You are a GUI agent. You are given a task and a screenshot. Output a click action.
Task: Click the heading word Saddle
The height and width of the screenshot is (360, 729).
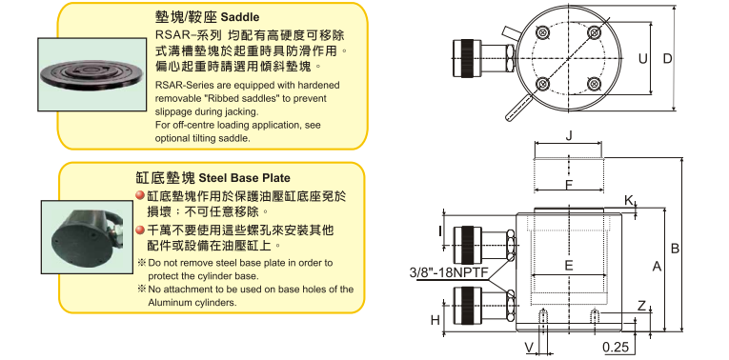coord(240,17)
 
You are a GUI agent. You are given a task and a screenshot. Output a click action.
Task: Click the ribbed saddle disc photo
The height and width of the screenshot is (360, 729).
coord(91,74)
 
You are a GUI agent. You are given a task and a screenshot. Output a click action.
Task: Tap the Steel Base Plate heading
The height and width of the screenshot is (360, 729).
coord(245,178)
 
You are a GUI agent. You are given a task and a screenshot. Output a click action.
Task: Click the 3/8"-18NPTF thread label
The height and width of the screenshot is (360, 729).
coord(449,272)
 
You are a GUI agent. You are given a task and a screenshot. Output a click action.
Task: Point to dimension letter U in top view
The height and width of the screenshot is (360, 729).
coord(642,58)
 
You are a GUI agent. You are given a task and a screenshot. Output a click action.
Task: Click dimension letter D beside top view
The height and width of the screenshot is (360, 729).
coord(667,58)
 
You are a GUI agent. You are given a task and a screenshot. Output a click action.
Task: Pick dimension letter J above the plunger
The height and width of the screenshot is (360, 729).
coord(568,136)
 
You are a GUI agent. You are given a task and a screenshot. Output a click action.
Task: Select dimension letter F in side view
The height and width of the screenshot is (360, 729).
coord(569,185)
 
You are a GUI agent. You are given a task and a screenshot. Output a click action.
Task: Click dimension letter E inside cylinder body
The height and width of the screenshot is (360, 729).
coord(569,266)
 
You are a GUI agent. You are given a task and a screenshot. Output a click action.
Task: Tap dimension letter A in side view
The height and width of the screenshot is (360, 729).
coord(657,266)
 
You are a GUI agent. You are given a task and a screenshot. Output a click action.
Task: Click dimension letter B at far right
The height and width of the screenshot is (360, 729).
coord(675,249)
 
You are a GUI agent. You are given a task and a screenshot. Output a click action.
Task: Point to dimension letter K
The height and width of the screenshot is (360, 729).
coord(629,200)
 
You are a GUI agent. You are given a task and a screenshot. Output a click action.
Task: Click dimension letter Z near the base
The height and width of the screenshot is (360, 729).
coord(641,306)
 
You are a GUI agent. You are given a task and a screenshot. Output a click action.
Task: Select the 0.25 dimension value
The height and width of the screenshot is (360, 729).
coord(616,347)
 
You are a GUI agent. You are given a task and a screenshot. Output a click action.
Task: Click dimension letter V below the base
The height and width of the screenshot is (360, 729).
coord(529,347)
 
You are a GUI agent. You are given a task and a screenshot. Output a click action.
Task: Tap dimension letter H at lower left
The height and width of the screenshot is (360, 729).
coord(435,320)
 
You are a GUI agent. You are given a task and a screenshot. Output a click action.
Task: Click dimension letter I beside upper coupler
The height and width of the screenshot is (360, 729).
coord(440,230)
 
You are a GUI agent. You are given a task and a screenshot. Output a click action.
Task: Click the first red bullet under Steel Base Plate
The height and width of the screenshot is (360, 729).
coord(139,196)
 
